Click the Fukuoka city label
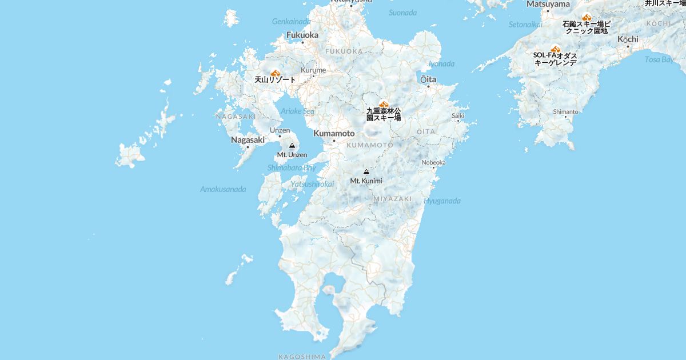click(302, 35)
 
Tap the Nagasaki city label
click(248, 139)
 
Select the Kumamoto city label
click(334, 133)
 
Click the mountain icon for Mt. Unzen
click(292, 146)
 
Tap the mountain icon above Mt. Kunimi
click(366, 172)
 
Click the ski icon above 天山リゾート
click(275, 73)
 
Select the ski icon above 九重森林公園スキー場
click(384, 105)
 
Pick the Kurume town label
click(313, 70)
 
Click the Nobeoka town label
click(433, 162)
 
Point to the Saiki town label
click(458, 115)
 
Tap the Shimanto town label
click(565, 111)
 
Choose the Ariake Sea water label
click(297, 111)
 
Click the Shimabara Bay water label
click(292, 168)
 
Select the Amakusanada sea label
click(223, 189)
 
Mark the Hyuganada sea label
click(442, 201)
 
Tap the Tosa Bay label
click(659, 59)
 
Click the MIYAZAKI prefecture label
click(393, 199)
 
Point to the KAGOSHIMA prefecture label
click(302, 357)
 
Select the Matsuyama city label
click(548, 4)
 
